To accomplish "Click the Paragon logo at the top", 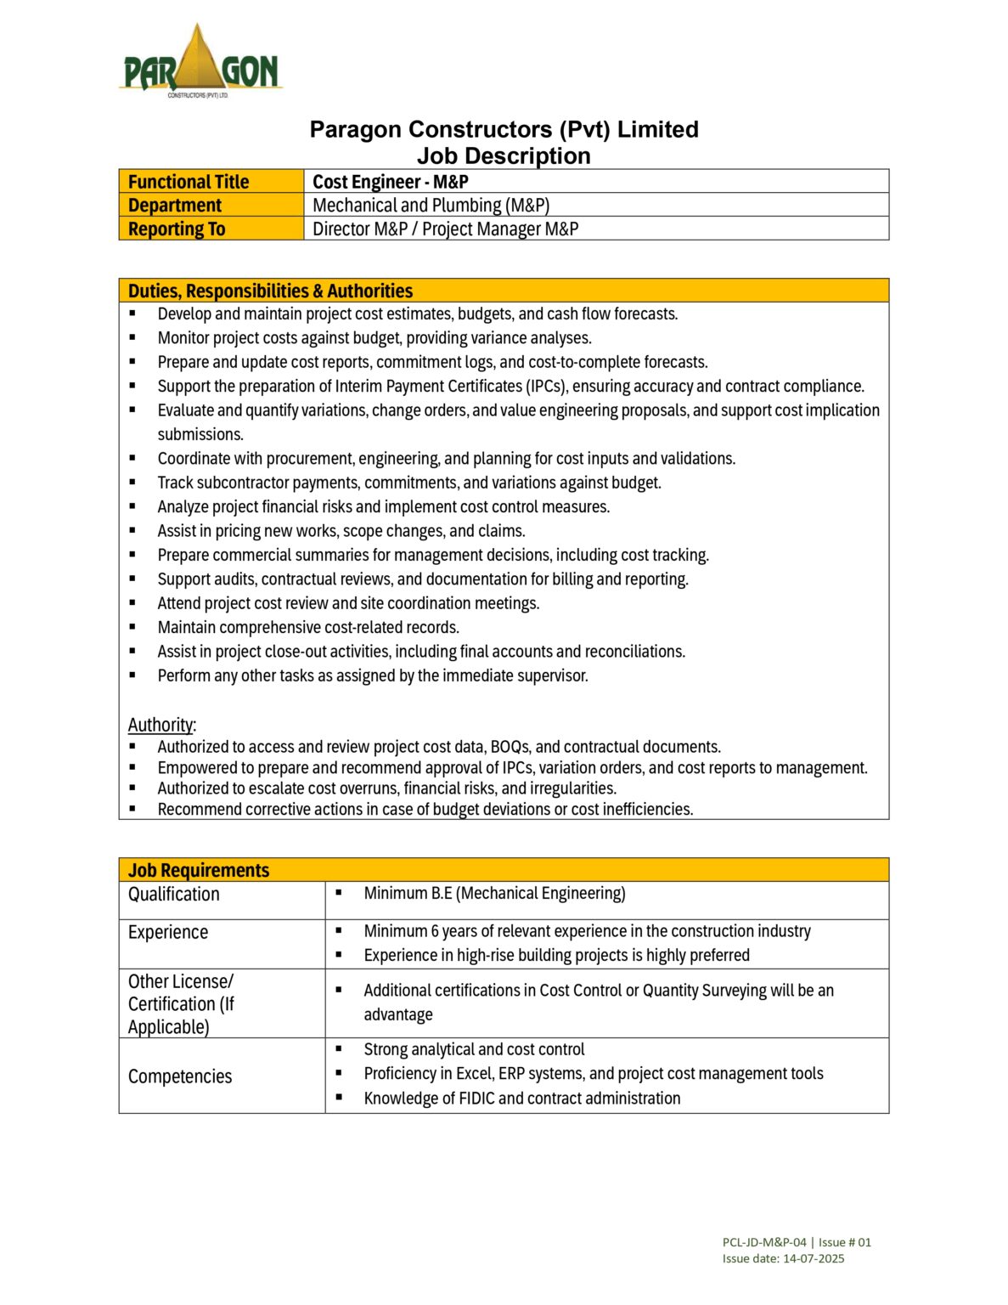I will pyautogui.click(x=200, y=61).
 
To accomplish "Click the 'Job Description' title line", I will pyautogui.click(x=504, y=156).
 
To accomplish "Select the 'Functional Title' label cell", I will pyautogui.click(x=189, y=182).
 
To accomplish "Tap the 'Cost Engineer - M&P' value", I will pyautogui.click(x=391, y=182).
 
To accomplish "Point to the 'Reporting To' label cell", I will pyautogui.click(x=177, y=229).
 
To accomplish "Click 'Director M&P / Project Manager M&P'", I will pyautogui.click(x=445, y=229).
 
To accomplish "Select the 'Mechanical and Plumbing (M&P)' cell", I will pyautogui.click(x=431, y=206).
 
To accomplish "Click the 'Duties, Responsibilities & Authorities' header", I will pyautogui.click(x=270, y=291).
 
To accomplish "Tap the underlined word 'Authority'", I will pyautogui.click(x=160, y=725).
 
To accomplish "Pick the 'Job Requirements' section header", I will pyautogui.click(x=199, y=870).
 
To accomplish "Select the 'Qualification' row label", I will pyautogui.click(x=174, y=894).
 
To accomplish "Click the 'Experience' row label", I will pyautogui.click(x=168, y=932).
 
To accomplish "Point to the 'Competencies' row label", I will pyautogui.click(x=180, y=1076).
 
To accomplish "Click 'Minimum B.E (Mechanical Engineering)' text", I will pyautogui.click(x=494, y=893).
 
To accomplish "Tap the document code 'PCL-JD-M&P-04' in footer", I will pyautogui.click(x=764, y=1242).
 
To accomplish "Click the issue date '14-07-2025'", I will pyautogui.click(x=814, y=1258).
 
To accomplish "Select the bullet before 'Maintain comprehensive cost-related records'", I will pyautogui.click(x=132, y=627).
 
